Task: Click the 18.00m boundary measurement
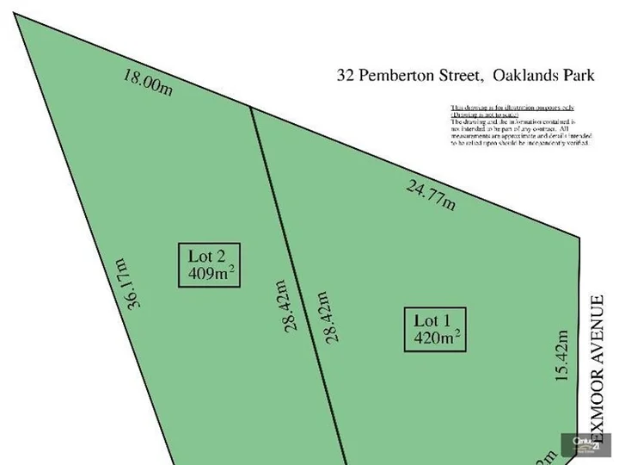coord(148,83)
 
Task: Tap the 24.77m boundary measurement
coord(430,196)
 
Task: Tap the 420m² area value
coord(437,338)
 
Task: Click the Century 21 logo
coord(587,445)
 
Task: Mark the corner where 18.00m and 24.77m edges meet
coord(250,108)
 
